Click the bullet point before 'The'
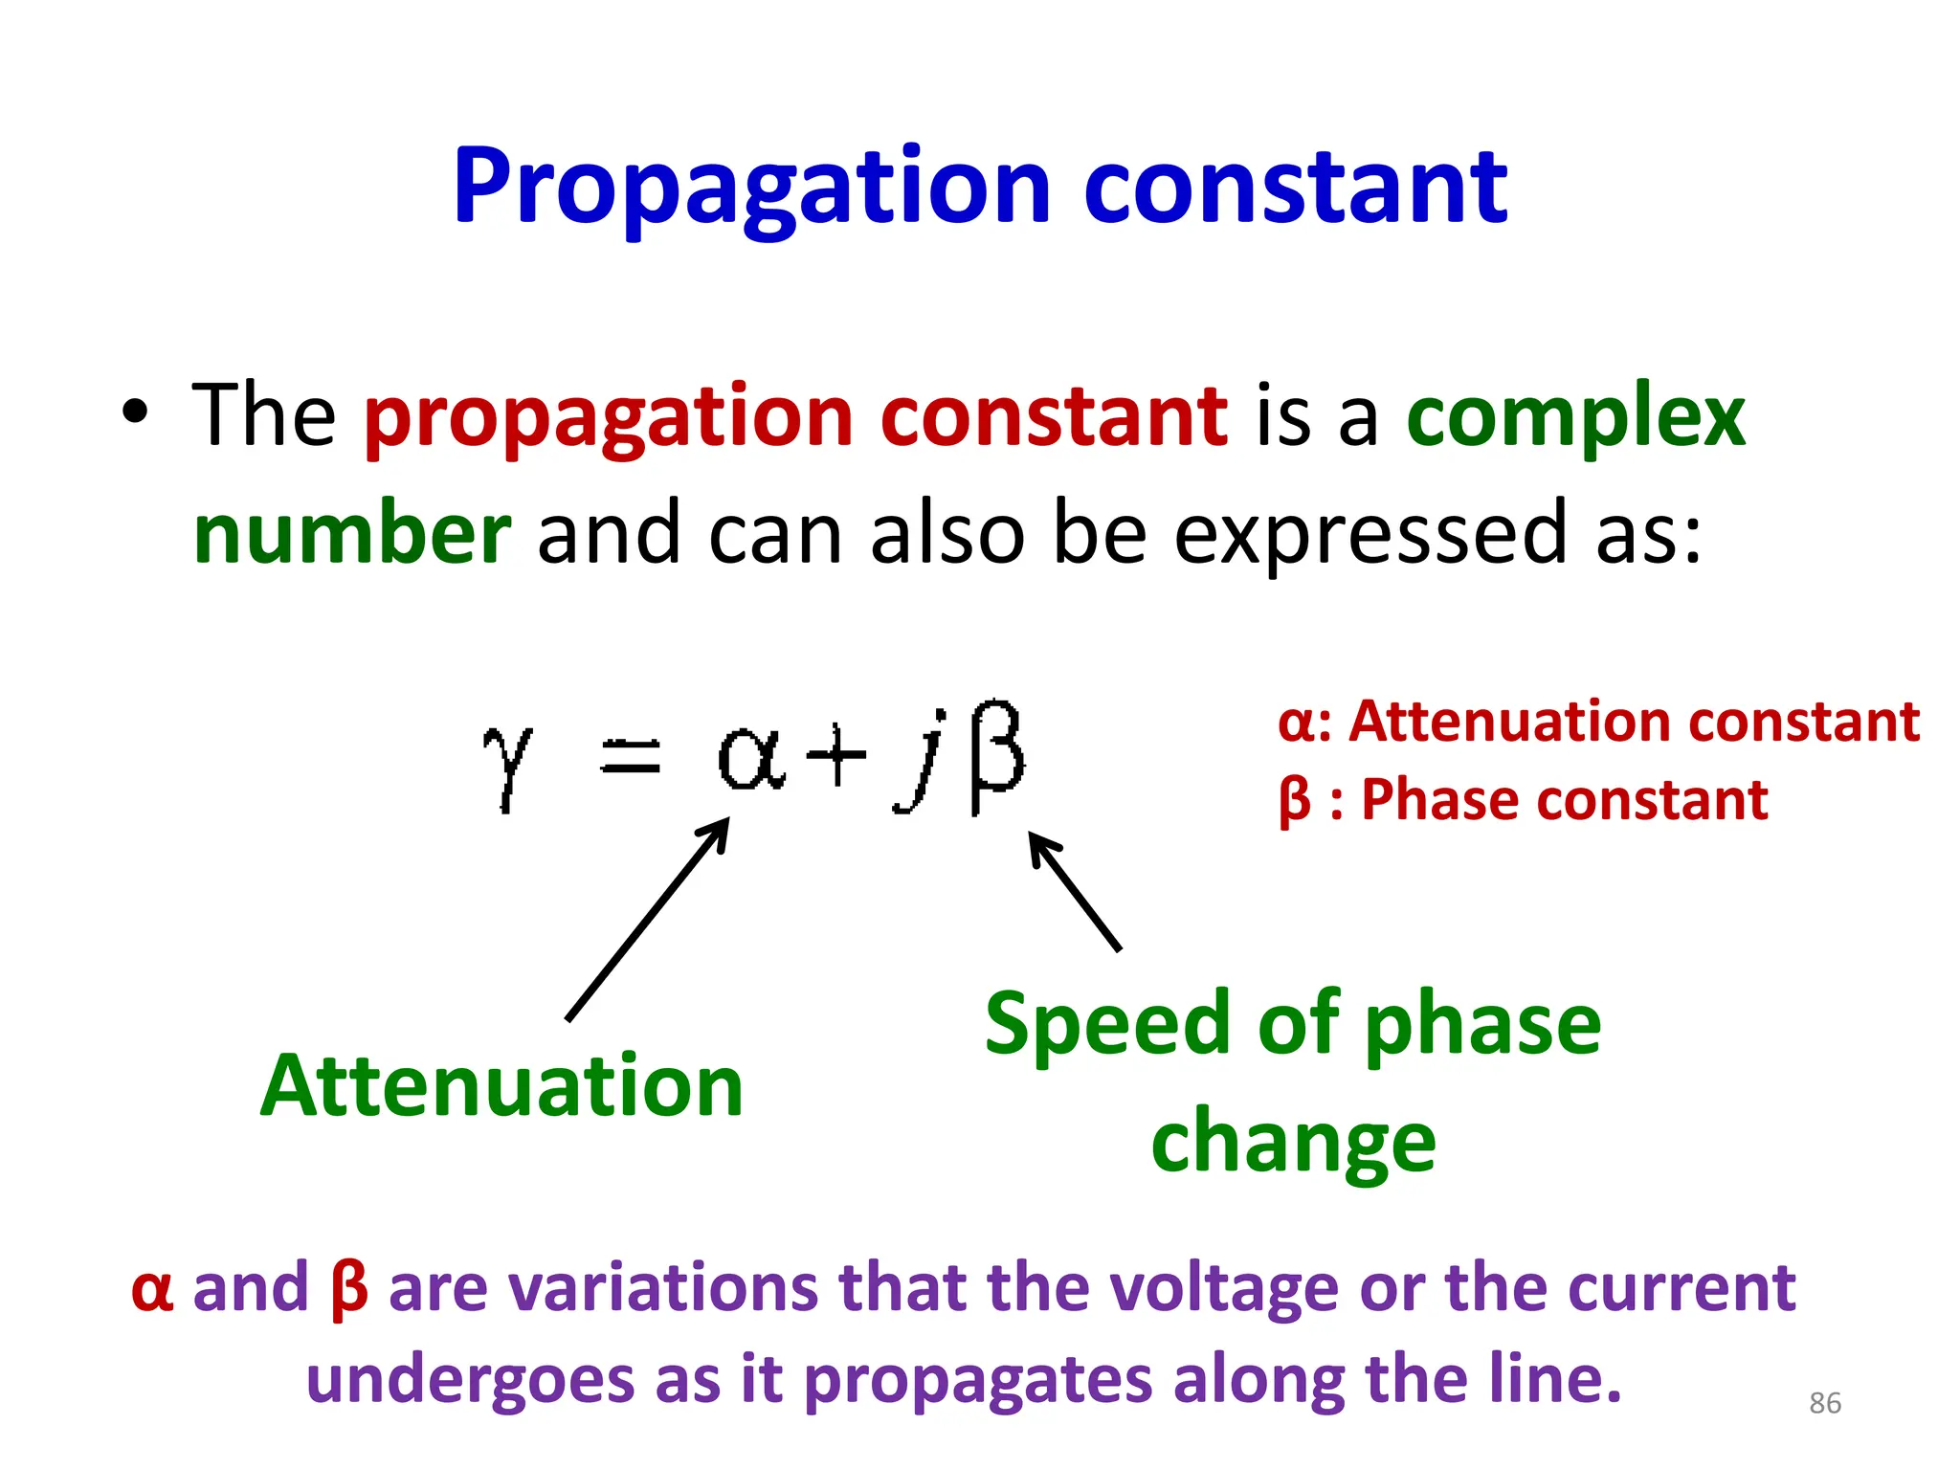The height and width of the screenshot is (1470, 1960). pos(136,412)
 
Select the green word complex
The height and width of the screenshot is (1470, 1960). pos(1575,417)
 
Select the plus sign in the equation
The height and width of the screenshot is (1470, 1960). pos(835,755)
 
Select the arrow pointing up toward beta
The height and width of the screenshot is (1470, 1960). pos(1074,890)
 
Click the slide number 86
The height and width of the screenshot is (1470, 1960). pos(1825,1403)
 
